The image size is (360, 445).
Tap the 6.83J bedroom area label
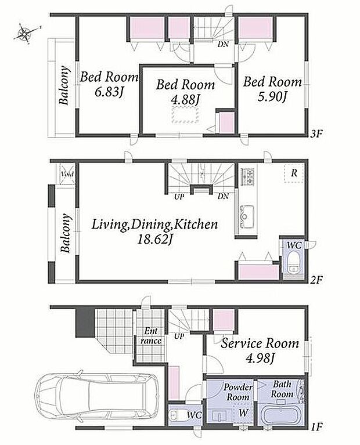[109, 92]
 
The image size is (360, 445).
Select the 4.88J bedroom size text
[186, 100]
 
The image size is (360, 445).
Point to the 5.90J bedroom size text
[272, 97]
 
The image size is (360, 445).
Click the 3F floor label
[316, 133]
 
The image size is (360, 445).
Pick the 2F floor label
[316, 280]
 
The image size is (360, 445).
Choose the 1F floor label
[316, 426]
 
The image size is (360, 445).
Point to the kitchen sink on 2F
[247, 216]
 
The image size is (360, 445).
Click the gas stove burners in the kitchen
[248, 176]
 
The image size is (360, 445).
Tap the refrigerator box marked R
[294, 173]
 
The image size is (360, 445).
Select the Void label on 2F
[67, 174]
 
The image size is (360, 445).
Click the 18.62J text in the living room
[155, 239]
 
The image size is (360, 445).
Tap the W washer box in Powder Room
[243, 413]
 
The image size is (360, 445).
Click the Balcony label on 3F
[64, 85]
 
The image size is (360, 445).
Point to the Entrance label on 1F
[151, 336]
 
